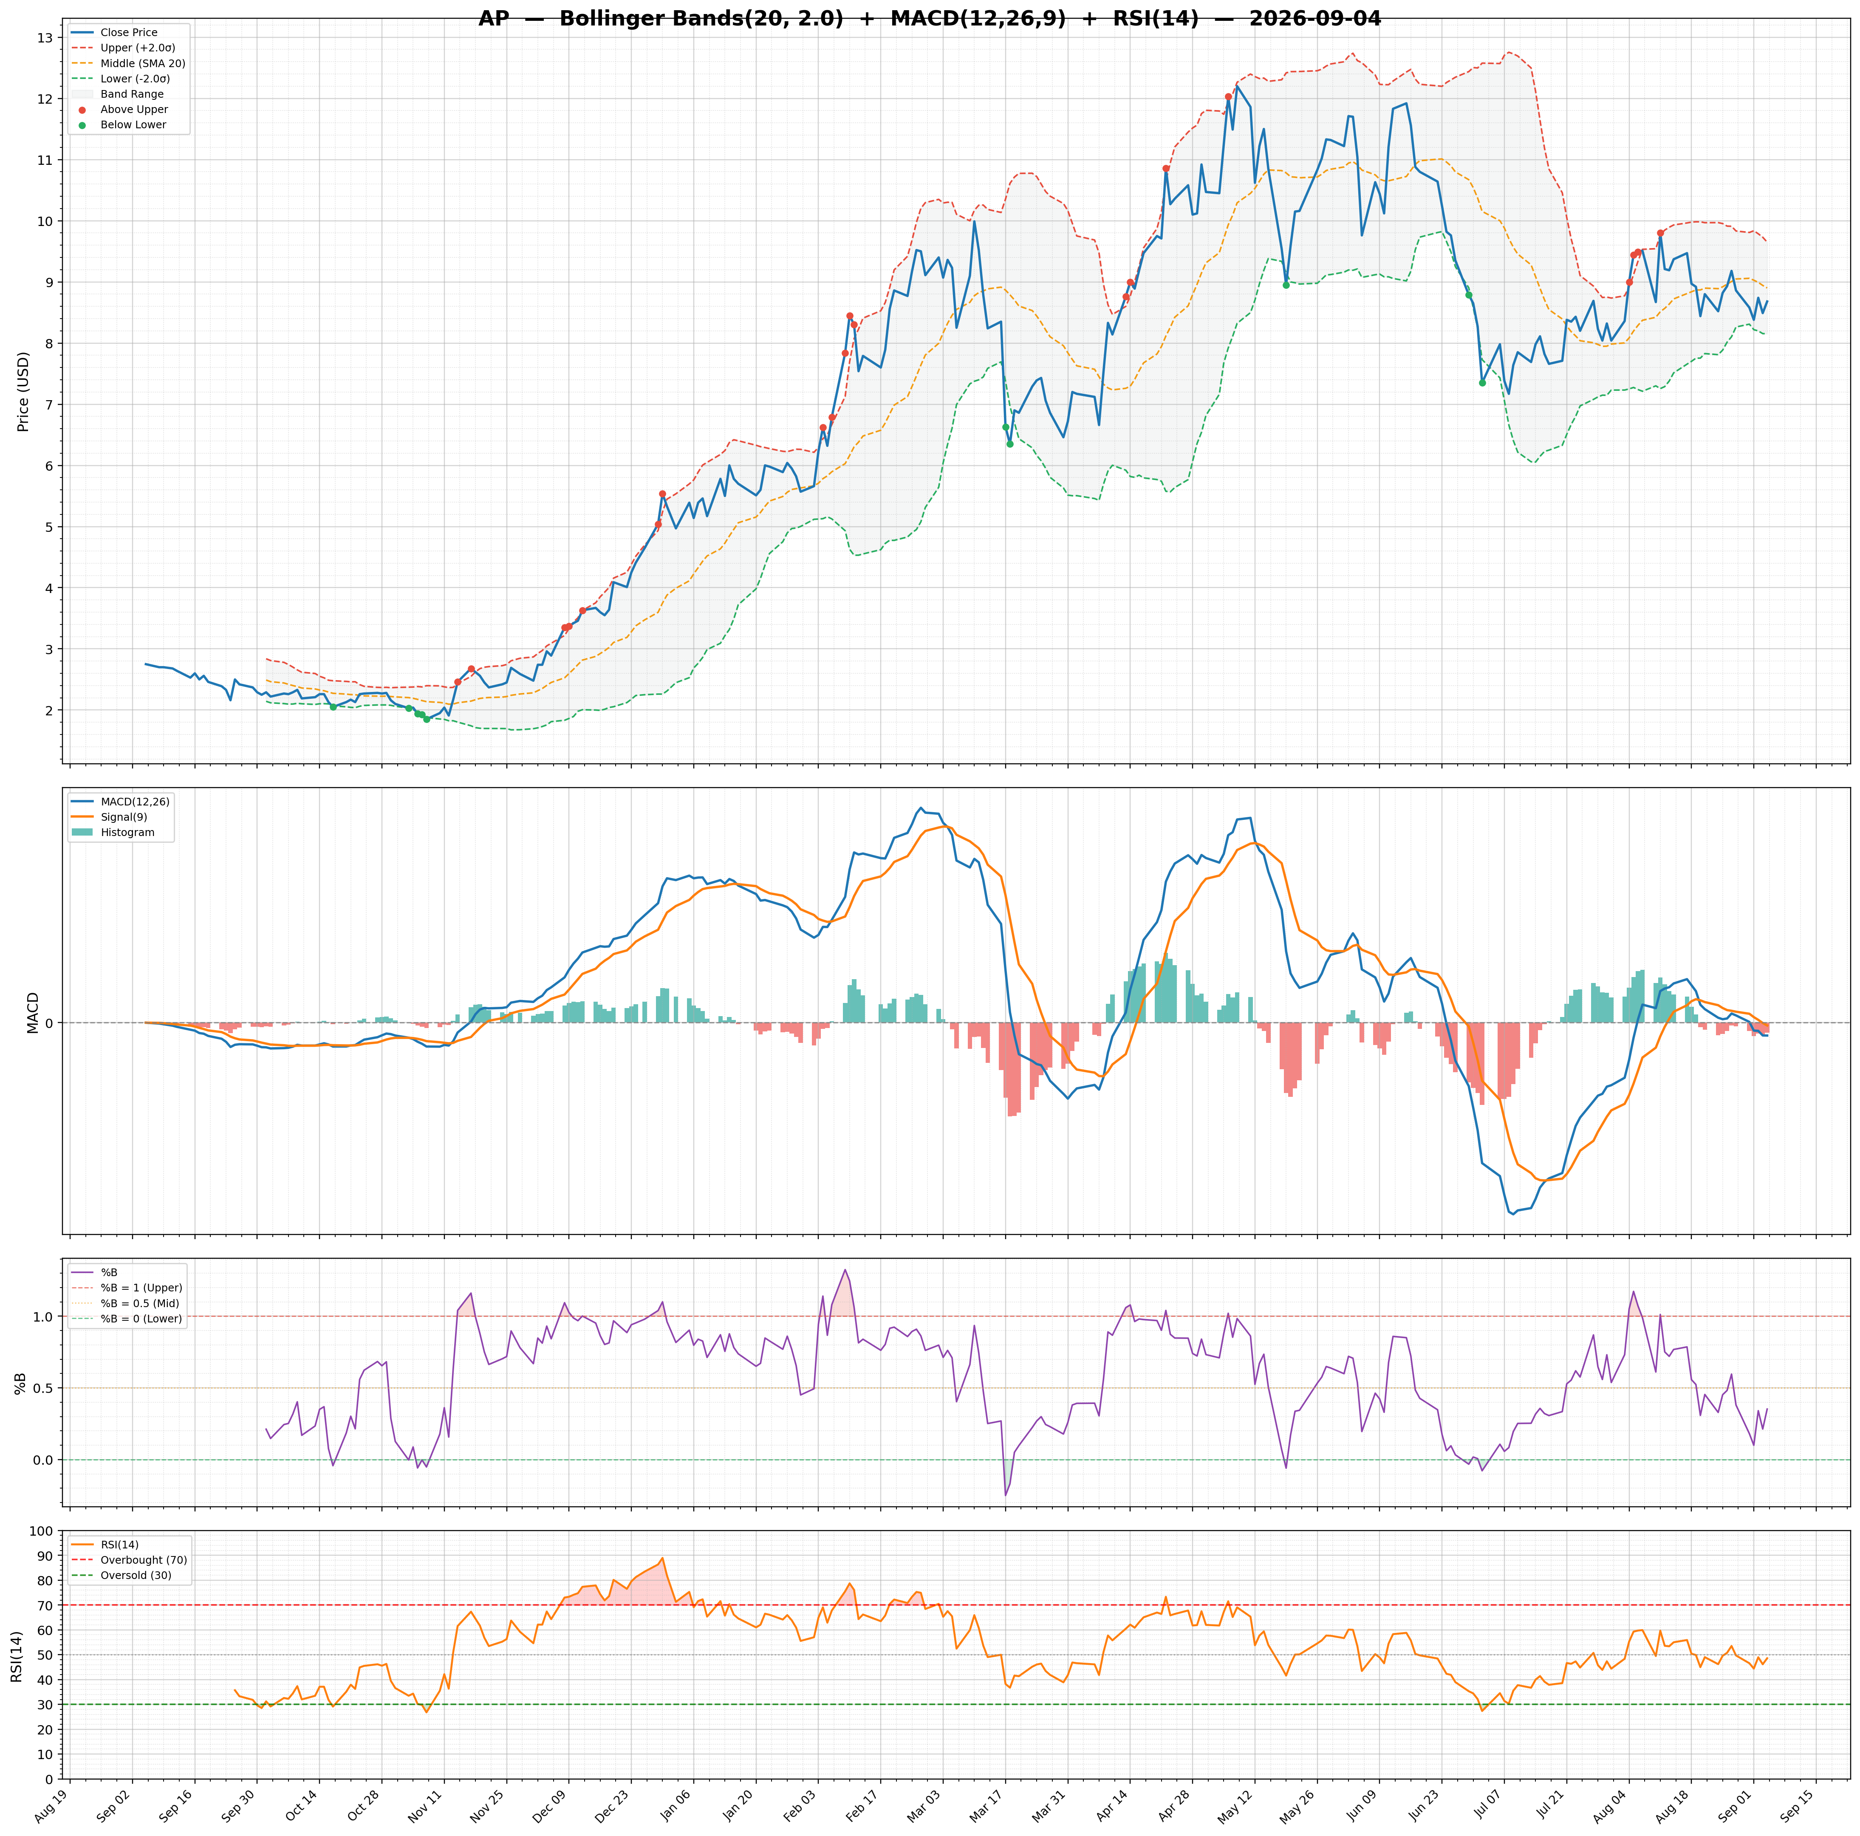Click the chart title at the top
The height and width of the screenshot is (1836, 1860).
tap(929, 19)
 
